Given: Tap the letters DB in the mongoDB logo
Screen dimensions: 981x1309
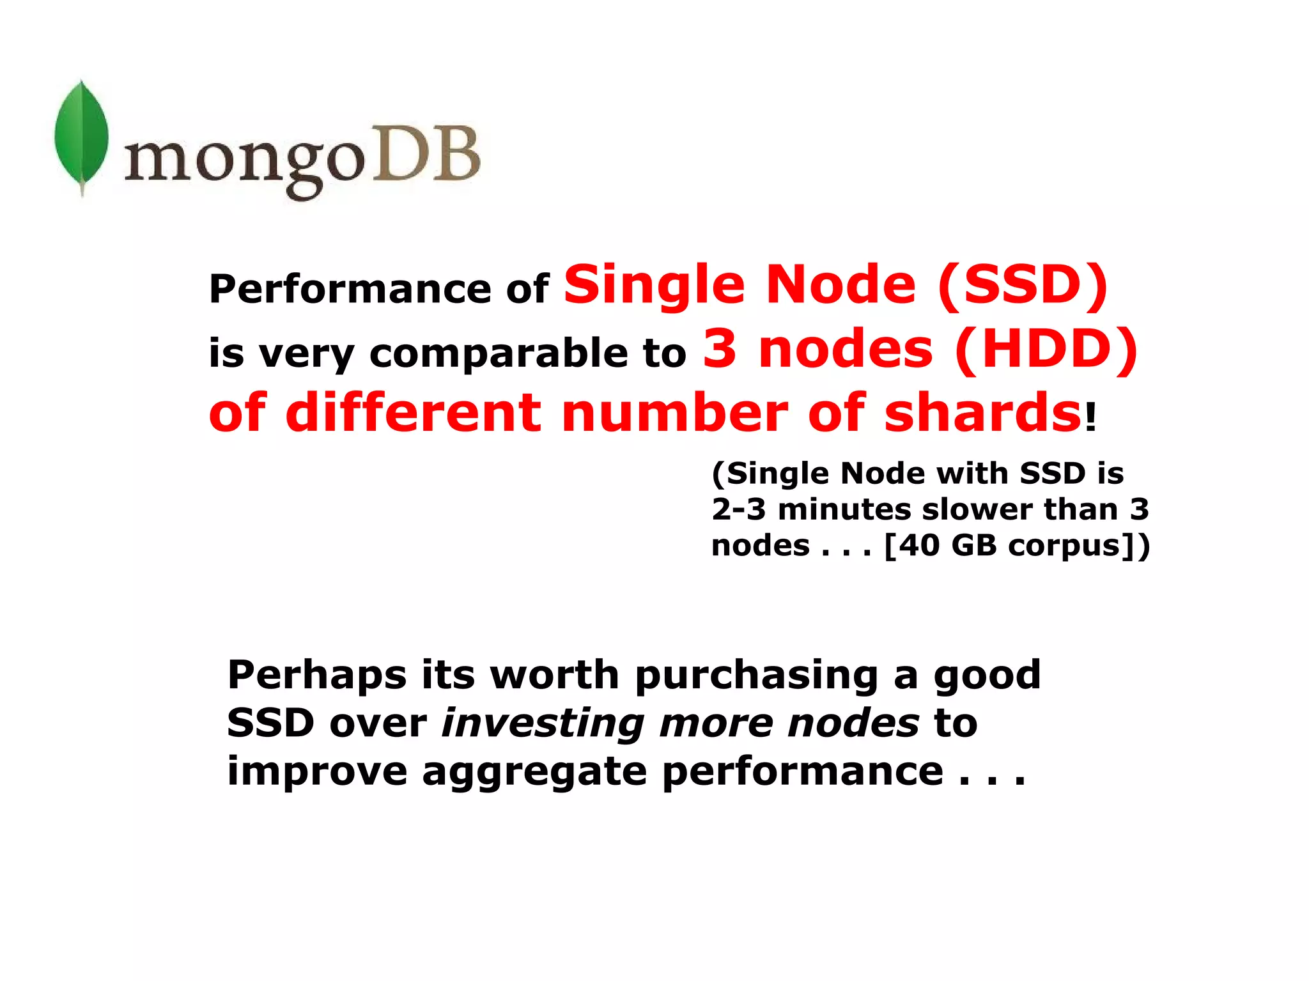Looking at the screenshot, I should [425, 154].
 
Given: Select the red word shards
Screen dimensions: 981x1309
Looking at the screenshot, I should [982, 413].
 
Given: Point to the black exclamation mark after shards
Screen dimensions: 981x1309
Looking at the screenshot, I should [1090, 418].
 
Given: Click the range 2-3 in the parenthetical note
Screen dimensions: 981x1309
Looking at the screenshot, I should [738, 509].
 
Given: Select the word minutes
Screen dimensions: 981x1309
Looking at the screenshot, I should [844, 509].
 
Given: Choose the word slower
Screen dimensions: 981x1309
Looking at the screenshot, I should [977, 509].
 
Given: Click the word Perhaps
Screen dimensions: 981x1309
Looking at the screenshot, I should [317, 676].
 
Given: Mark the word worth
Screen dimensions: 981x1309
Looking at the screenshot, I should [554, 675].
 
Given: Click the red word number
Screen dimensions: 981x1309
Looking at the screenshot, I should [674, 413].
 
